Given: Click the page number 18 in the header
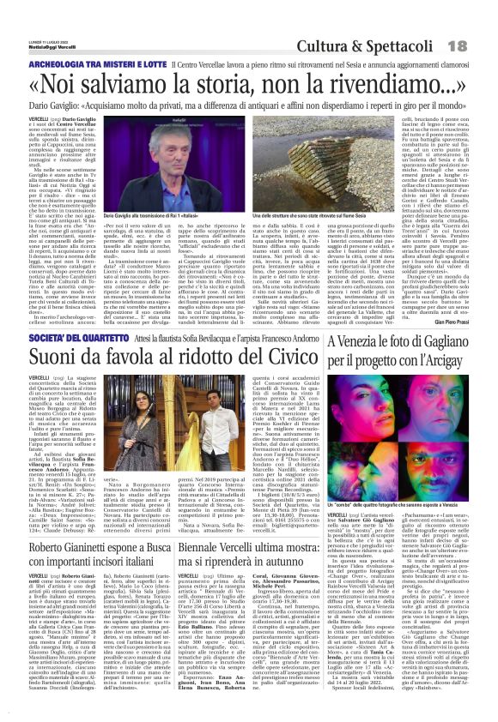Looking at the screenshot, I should tap(479, 44).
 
